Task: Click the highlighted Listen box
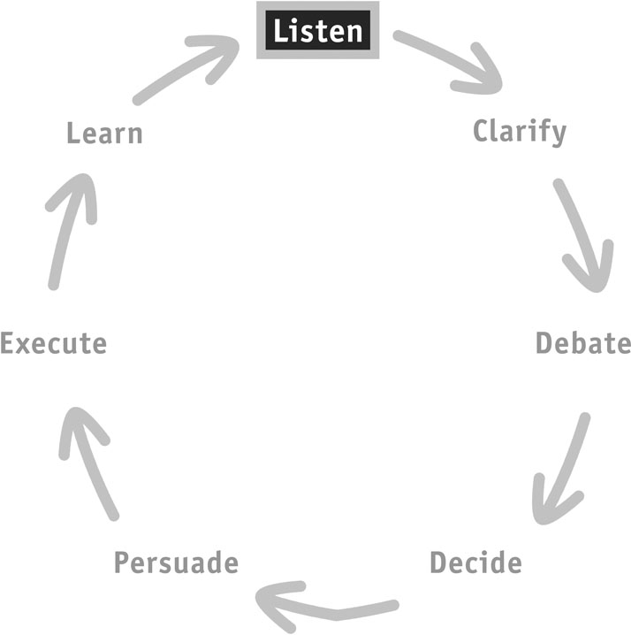click(318, 30)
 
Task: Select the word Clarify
click(520, 132)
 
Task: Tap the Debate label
click(583, 343)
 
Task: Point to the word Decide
click(475, 562)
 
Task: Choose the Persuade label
click(177, 562)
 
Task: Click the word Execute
click(53, 343)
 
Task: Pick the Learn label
click(104, 133)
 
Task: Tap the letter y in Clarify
click(559, 135)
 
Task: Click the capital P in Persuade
click(122, 562)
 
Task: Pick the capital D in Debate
click(544, 343)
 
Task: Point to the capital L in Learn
click(73, 133)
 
